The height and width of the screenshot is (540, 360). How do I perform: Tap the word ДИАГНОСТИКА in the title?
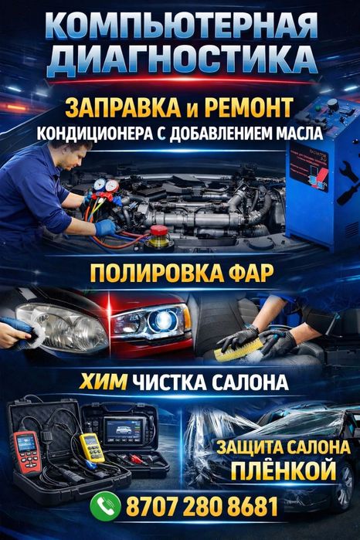tap(182, 59)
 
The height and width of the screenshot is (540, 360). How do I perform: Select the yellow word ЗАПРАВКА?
tap(123, 107)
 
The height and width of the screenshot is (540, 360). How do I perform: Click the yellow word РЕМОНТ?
tap(249, 107)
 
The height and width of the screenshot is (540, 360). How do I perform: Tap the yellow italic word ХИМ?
tap(104, 382)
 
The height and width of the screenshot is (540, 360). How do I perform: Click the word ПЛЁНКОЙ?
tap(284, 470)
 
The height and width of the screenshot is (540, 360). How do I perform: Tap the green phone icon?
tap(105, 505)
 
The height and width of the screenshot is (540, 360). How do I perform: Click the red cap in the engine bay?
tap(159, 230)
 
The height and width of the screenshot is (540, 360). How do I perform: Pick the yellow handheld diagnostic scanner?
tap(92, 447)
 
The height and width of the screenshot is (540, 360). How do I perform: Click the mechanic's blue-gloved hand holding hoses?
tap(105, 228)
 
